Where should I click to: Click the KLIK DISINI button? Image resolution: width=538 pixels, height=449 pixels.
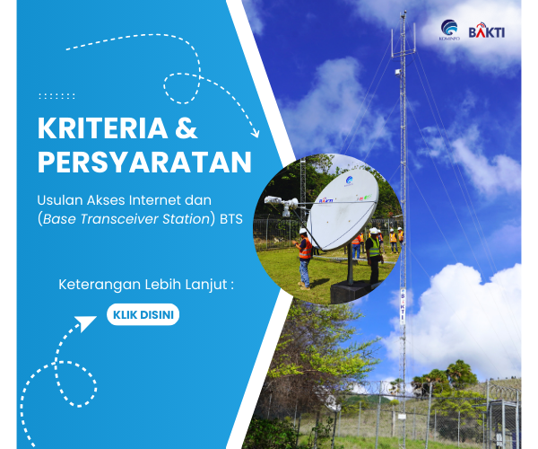pos(143,315)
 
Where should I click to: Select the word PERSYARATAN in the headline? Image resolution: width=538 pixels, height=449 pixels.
pos(143,163)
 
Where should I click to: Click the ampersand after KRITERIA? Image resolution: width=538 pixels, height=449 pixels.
pos(185,128)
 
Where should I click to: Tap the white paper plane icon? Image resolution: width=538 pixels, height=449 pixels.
pos(86,320)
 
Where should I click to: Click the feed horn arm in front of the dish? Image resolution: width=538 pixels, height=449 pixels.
pos(287,206)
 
